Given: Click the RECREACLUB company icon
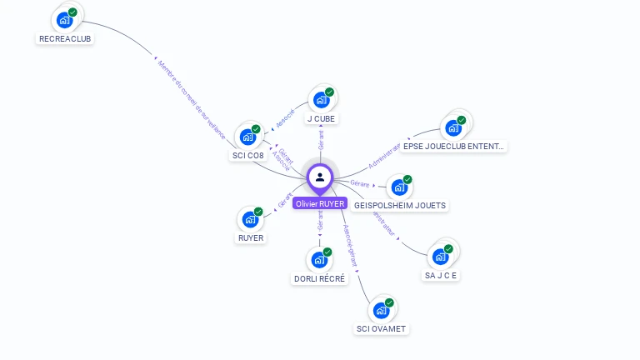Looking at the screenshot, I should point(64,19).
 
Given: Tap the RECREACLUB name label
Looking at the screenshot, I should point(66,38).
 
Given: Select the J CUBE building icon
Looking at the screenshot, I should point(321,100).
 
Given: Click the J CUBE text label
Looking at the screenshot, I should point(321,119).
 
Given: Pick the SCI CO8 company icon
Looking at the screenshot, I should point(247,136).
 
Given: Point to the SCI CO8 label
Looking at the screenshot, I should point(247,155).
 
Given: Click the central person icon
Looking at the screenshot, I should point(320,177).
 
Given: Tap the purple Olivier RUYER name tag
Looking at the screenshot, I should point(320,203).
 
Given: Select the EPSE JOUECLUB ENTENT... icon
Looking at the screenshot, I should point(453,127).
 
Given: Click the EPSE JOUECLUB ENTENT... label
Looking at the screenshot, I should point(453,147).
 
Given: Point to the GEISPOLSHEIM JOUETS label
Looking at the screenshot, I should point(400,205).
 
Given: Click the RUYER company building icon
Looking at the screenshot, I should point(250,219).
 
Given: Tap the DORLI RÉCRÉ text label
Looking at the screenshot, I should point(319,279).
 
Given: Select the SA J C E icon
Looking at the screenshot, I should point(440,256).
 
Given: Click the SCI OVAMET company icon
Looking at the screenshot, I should point(381,310).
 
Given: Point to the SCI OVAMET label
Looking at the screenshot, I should point(381,329).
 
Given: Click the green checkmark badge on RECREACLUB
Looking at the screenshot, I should point(72,12).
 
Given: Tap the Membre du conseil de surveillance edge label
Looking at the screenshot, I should point(191,97).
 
